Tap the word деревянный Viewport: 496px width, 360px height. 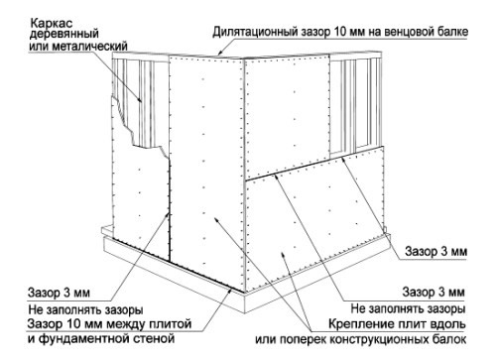61,35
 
